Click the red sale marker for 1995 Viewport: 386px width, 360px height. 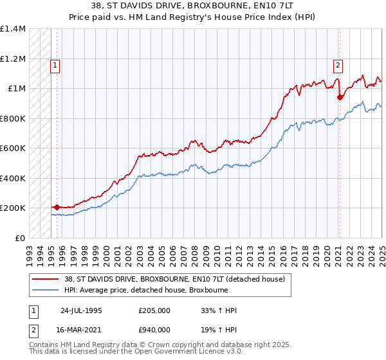coord(57,207)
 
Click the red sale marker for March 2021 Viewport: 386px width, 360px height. coord(340,98)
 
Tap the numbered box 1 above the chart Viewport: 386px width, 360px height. coord(55,64)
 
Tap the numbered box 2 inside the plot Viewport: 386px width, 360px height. coord(338,64)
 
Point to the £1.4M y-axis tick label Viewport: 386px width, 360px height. coord(13,29)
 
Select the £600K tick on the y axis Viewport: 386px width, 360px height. coord(13,148)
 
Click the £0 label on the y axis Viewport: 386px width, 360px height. coord(19,238)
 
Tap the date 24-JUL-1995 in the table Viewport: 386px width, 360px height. coord(81,310)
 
